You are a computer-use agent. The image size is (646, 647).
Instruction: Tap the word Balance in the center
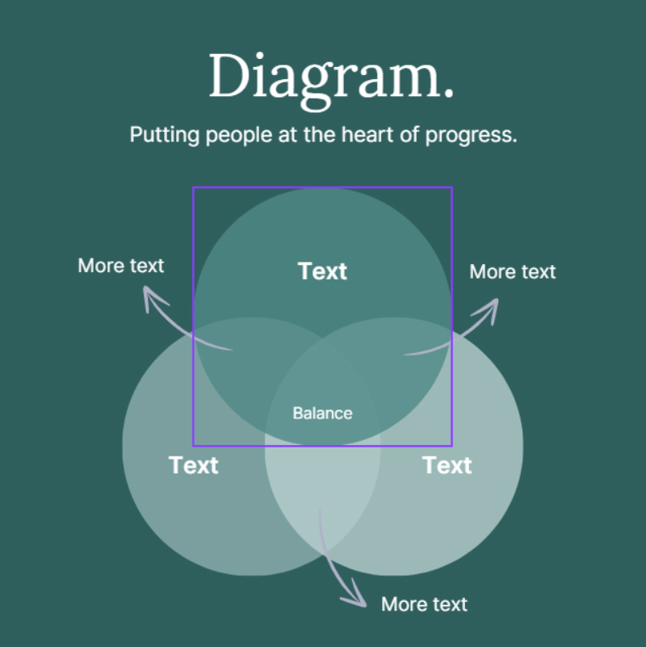click(x=322, y=413)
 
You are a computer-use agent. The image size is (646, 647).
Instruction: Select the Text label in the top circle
click(x=322, y=271)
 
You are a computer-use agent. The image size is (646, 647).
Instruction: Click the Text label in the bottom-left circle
click(x=194, y=465)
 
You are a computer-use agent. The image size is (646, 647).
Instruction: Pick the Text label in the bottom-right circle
click(x=447, y=465)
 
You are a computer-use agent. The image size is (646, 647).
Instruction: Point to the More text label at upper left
click(x=121, y=265)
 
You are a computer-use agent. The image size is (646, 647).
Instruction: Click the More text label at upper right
click(x=513, y=271)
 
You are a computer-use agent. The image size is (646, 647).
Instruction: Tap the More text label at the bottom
click(x=424, y=604)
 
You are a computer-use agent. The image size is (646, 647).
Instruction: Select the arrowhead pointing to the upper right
click(x=491, y=306)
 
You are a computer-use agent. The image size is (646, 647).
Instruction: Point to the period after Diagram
click(x=448, y=95)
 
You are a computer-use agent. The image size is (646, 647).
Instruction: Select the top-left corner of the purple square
click(x=193, y=188)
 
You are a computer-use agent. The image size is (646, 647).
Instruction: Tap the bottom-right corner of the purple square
click(x=451, y=445)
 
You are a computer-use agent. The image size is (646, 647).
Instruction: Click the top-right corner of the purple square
click(x=451, y=188)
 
